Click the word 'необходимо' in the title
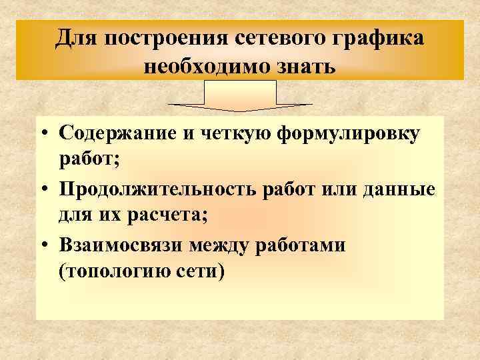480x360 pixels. [205, 67]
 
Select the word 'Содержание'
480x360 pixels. [119, 133]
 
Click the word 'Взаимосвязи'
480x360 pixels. [120, 245]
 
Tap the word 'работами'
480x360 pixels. [307, 245]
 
